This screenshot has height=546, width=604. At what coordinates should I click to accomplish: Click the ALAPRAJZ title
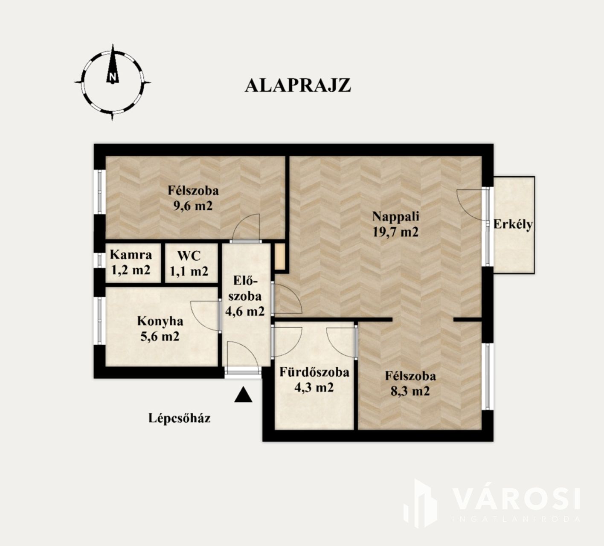tap(298, 86)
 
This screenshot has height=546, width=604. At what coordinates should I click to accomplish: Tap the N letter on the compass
tap(113, 76)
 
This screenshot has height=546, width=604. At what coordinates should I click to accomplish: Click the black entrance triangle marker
tap(243, 395)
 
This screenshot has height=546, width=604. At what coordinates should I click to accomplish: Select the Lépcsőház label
tap(180, 418)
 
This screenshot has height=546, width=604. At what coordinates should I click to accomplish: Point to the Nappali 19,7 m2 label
tap(396, 224)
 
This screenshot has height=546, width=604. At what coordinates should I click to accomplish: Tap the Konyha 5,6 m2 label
tap(160, 328)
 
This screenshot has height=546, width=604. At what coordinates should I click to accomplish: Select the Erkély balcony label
tap(513, 225)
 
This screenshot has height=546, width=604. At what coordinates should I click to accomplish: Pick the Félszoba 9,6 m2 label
tap(193, 198)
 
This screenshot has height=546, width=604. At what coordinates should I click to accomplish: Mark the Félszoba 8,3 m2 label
tap(410, 383)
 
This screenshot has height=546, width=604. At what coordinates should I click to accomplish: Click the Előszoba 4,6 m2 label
tap(245, 296)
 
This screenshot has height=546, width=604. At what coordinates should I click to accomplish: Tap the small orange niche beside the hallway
tap(280, 257)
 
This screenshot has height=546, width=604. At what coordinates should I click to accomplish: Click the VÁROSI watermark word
tap(517, 499)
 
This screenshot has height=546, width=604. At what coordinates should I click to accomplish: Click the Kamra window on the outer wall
tap(99, 260)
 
